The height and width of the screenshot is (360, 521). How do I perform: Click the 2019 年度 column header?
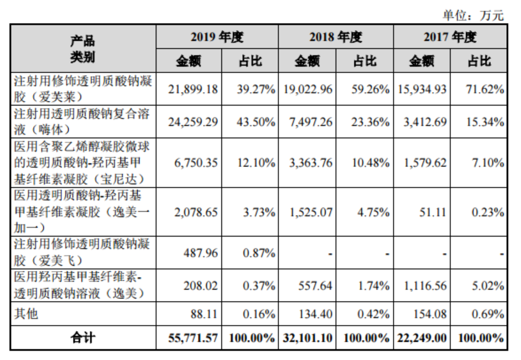click(x=217, y=37)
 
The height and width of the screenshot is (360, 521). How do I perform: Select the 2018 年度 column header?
click(x=335, y=37)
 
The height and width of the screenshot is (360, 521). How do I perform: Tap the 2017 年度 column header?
click(x=450, y=37)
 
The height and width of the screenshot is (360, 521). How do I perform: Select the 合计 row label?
click(x=83, y=338)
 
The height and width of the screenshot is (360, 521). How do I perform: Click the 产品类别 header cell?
click(x=83, y=48)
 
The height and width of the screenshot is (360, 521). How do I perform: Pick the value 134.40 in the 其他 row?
click(x=317, y=314)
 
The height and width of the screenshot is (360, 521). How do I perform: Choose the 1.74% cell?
click(x=373, y=286)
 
